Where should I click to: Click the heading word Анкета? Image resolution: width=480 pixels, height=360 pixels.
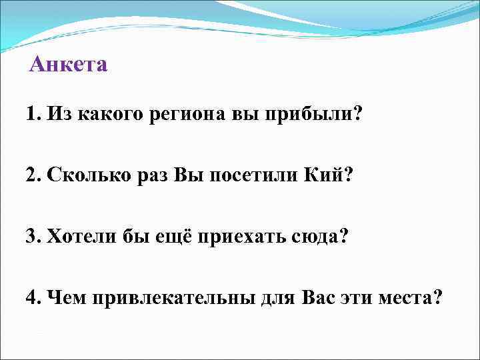click(69, 65)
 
